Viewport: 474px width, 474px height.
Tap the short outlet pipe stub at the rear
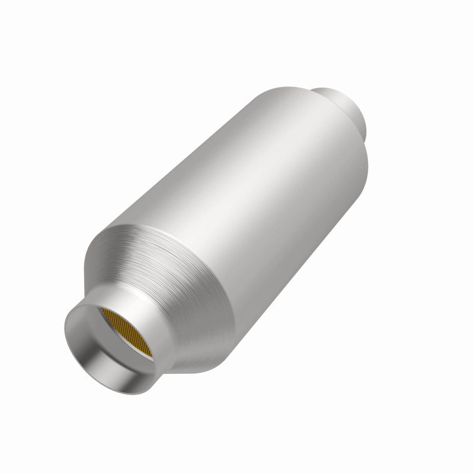pos(344,107)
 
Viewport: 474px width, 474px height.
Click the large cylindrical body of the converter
pos(249,196)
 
